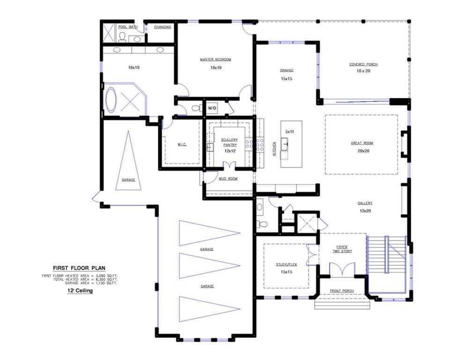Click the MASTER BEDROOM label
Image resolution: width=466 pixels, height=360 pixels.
pyautogui.click(x=215, y=60)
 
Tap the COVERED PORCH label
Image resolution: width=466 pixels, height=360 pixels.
pyautogui.click(x=363, y=64)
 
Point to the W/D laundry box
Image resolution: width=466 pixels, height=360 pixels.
pyautogui.click(x=212, y=108)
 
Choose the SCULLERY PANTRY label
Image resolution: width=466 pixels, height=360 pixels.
pyautogui.click(x=229, y=142)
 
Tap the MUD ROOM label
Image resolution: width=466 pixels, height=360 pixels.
pyautogui.click(x=228, y=179)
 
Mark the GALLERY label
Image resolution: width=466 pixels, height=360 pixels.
pyautogui.click(x=365, y=203)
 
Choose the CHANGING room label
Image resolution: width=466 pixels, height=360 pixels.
pyautogui.click(x=163, y=27)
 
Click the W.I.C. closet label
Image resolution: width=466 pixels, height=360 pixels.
pyautogui.click(x=182, y=144)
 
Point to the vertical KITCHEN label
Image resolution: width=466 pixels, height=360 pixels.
pyautogui.click(x=274, y=148)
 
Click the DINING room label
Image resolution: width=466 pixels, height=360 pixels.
pyautogui.click(x=287, y=70)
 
